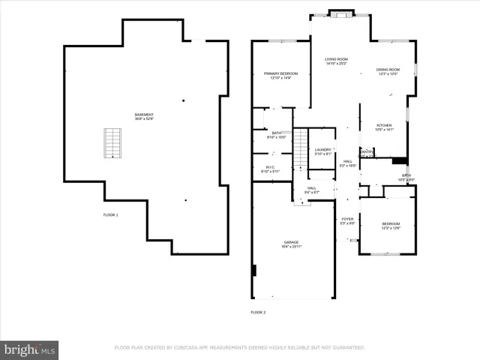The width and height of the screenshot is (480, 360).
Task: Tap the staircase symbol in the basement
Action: pyautogui.click(x=112, y=142)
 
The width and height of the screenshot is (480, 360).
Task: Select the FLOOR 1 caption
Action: pyautogui.click(x=111, y=215)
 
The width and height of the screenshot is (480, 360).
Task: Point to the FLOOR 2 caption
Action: pyautogui.click(x=258, y=312)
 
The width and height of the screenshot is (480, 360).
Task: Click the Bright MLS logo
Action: pyautogui.click(x=29, y=349)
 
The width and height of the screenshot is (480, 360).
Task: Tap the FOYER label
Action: pyautogui.click(x=347, y=220)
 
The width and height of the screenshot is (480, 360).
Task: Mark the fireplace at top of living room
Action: pyautogui.click(x=340, y=13)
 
